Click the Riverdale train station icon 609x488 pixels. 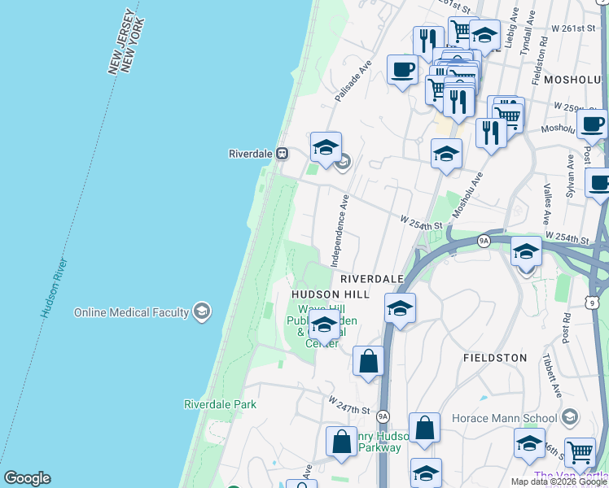[x=282, y=153]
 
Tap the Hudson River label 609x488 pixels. [x=55, y=288]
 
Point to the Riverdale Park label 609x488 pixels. [x=220, y=404]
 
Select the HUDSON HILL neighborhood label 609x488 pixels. [x=331, y=294]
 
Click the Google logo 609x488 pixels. [x=27, y=478]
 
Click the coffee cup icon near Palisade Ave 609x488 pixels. [x=402, y=69]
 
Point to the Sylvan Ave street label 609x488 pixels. [x=572, y=177]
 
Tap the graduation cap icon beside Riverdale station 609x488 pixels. [x=326, y=147]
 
